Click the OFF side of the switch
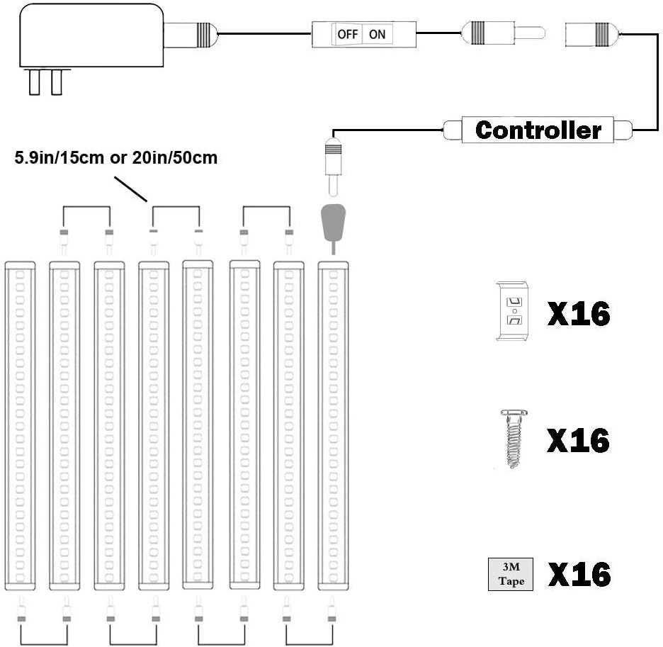(x=348, y=33)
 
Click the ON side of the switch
(x=377, y=33)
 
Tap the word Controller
(x=538, y=130)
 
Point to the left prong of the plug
(x=33, y=82)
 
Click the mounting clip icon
(x=514, y=311)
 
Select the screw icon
(x=515, y=439)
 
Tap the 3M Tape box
(x=511, y=575)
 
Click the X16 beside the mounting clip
(x=579, y=313)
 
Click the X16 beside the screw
(x=579, y=441)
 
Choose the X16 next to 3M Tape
(x=579, y=575)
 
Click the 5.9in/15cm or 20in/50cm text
(x=115, y=158)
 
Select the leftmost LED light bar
(x=20, y=425)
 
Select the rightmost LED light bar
(x=333, y=425)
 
